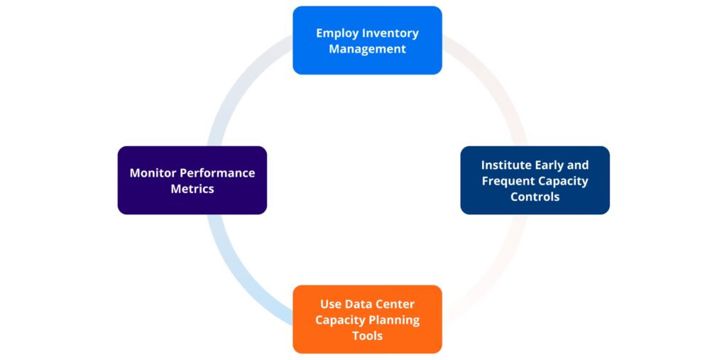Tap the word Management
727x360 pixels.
pyautogui.click(x=367, y=49)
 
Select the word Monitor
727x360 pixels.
pyautogui.click(x=153, y=173)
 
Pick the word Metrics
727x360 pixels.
pyautogui.click(x=192, y=189)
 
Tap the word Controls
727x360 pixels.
pyautogui.click(x=535, y=197)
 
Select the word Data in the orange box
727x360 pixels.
pyautogui.click(x=359, y=304)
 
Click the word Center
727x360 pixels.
pyautogui.click(x=395, y=304)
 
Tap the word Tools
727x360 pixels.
pyautogui.click(x=367, y=335)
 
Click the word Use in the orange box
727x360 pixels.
pyautogui.click(x=331, y=304)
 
